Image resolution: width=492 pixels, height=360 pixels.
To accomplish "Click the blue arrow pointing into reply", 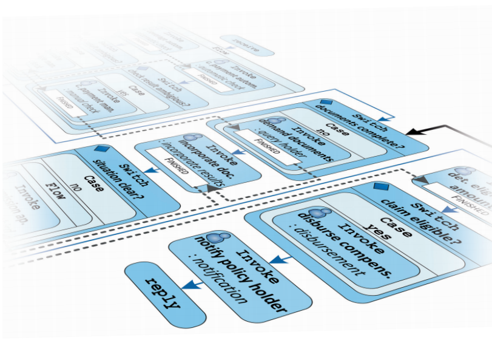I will tap(192, 283).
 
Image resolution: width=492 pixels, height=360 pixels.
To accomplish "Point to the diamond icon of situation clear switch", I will tap(99, 148).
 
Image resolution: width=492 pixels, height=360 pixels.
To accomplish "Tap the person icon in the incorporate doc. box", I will tap(194, 140).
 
